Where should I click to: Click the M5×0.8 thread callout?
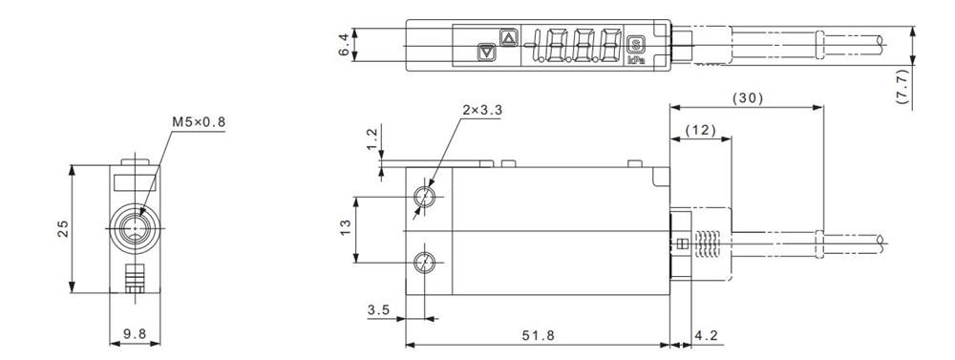199,122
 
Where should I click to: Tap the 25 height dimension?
64,228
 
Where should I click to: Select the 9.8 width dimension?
135,334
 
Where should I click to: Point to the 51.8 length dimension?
539,335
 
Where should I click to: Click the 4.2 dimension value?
706,335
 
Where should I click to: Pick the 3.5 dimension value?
378,310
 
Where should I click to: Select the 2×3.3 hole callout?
482,110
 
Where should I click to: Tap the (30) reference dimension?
747,98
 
